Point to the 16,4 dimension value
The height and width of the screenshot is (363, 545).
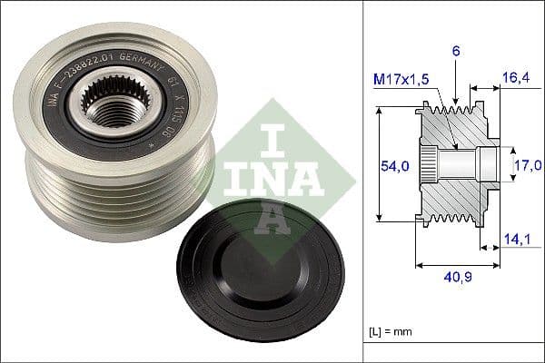pos(515,80)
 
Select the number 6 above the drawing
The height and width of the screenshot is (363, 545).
pos(456,53)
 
